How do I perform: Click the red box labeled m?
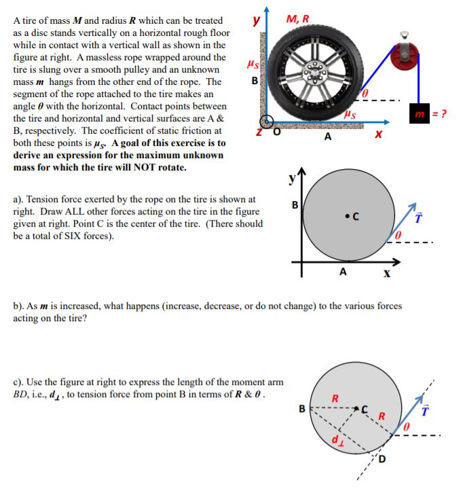point(419,112)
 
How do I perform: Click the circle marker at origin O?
point(267,122)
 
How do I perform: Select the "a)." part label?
point(20,200)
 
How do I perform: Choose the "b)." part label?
point(20,306)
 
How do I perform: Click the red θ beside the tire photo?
point(365,91)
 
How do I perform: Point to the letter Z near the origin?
point(258,131)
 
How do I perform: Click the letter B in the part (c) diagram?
point(302,409)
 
